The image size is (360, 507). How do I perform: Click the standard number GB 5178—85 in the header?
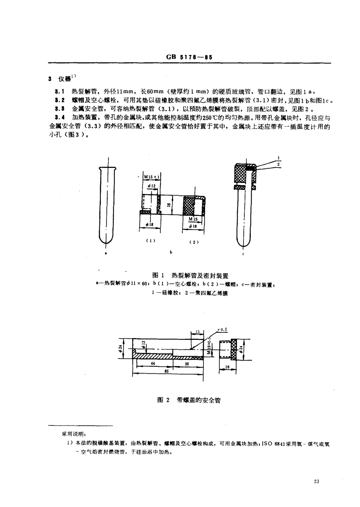[x=188, y=58]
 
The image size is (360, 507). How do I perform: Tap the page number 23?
[x=317, y=482]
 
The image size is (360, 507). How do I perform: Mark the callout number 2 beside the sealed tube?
[x=279, y=164]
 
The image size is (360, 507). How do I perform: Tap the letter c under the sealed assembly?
[x=243, y=254]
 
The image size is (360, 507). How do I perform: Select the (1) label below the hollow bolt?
[x=150, y=241]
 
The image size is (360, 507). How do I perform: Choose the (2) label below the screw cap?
[x=194, y=242]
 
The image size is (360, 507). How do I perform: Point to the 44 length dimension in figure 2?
[x=153, y=363]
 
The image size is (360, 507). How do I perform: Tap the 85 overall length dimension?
[x=166, y=371]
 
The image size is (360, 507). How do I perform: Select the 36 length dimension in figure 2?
[x=186, y=363]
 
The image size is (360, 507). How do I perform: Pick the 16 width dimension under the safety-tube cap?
[x=227, y=367]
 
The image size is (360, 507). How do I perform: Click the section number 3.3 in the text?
[x=59, y=108]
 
